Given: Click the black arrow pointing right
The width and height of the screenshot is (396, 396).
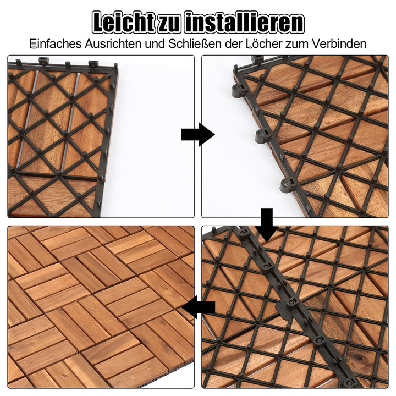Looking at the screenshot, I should pos(197,134).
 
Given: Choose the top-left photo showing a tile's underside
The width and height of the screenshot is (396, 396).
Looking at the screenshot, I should pos(101,136).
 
